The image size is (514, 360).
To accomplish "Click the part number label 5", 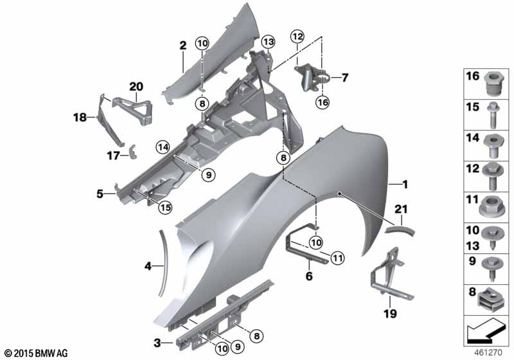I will pyautogui.click(x=100, y=192).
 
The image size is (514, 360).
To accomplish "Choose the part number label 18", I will pyautogui.click(x=80, y=118).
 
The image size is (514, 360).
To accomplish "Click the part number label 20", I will pyautogui.click(x=136, y=86).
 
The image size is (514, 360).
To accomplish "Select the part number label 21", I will pyautogui.click(x=401, y=210).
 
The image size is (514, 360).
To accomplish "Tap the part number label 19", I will pyautogui.click(x=389, y=314).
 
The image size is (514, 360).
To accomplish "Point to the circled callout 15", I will pyautogui.click(x=166, y=207).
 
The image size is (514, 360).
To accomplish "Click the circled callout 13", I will pyautogui.click(x=267, y=42).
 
